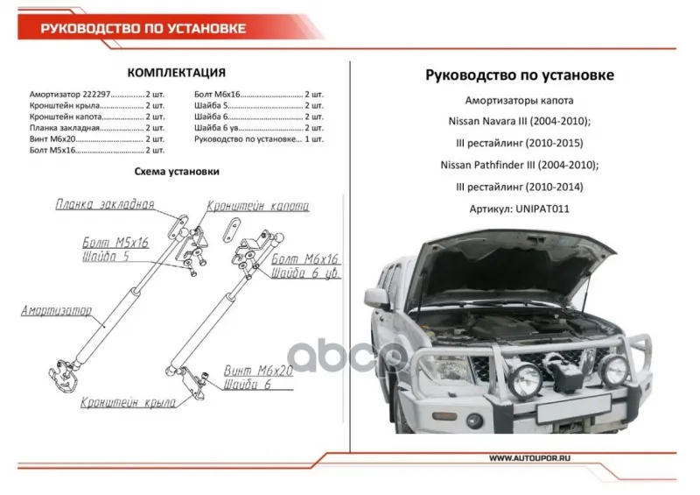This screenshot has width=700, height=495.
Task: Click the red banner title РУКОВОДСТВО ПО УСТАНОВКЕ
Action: pos(143,29)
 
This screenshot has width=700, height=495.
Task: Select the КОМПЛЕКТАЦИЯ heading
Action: pos(177,73)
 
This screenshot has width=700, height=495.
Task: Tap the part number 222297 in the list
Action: pos(96,95)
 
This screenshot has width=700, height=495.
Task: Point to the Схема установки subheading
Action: pos(177,171)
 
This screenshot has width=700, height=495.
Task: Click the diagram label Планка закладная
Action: pos(105,204)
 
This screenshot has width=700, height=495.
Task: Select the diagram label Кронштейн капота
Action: pos(258,206)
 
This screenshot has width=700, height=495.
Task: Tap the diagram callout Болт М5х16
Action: pos(115,243)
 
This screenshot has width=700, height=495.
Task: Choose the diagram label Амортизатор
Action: pos(57,310)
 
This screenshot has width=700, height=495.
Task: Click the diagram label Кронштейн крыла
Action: pos(128,402)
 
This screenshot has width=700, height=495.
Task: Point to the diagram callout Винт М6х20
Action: pos(258,371)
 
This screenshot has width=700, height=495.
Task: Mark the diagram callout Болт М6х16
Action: pos(304,258)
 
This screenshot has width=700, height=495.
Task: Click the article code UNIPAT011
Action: pos(542,209)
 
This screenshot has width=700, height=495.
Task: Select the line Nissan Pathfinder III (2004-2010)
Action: pos(519,165)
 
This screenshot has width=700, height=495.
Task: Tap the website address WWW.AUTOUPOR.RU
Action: pos(529,458)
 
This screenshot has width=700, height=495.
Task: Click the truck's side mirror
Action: pos(377,298)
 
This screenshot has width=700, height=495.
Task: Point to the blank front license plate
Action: pos(574,408)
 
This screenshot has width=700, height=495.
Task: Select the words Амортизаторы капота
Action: pos(519,101)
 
